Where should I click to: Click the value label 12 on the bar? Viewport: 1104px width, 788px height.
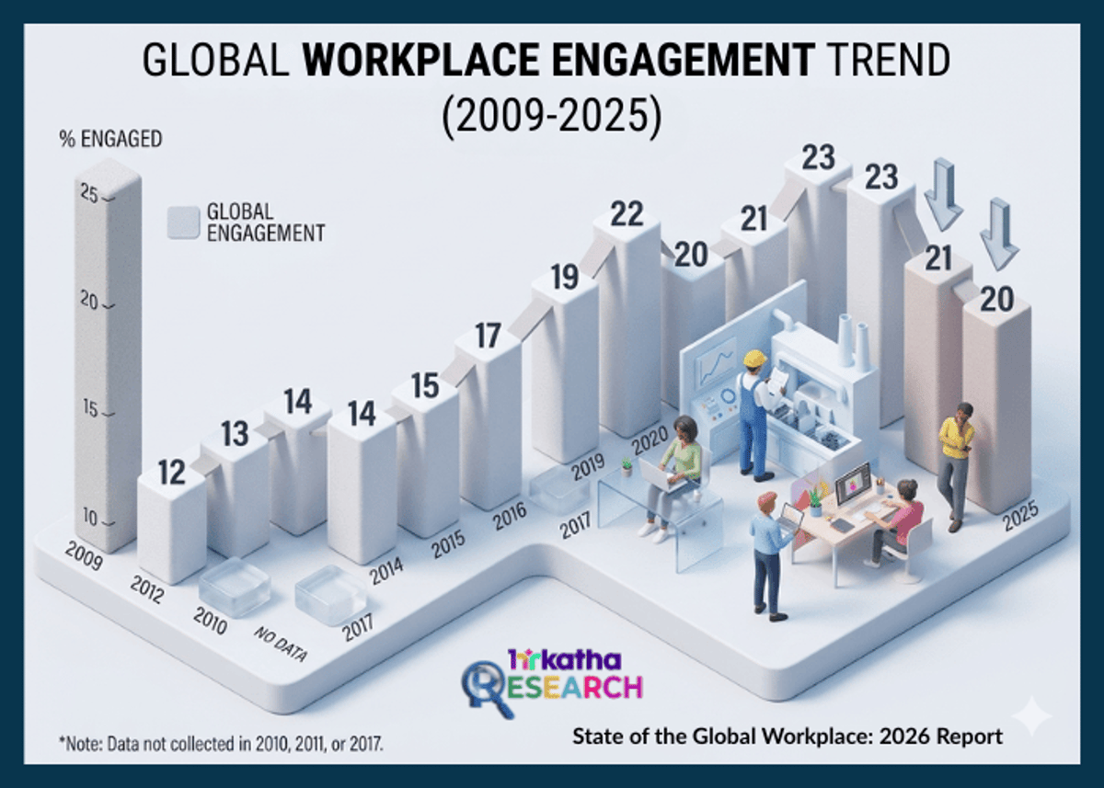click(x=171, y=473)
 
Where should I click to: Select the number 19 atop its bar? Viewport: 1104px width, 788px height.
click(x=565, y=276)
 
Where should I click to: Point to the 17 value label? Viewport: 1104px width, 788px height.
click(x=489, y=337)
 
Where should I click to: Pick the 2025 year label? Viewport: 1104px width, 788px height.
click(x=1021, y=520)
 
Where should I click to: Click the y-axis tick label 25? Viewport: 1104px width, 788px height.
click(x=88, y=195)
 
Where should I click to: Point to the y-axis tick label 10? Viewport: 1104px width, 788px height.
click(x=88, y=517)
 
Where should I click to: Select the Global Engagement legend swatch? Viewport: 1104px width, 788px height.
click(x=182, y=223)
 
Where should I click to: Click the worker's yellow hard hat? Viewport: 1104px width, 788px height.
click(x=755, y=359)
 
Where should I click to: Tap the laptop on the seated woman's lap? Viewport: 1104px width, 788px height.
click(x=661, y=474)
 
